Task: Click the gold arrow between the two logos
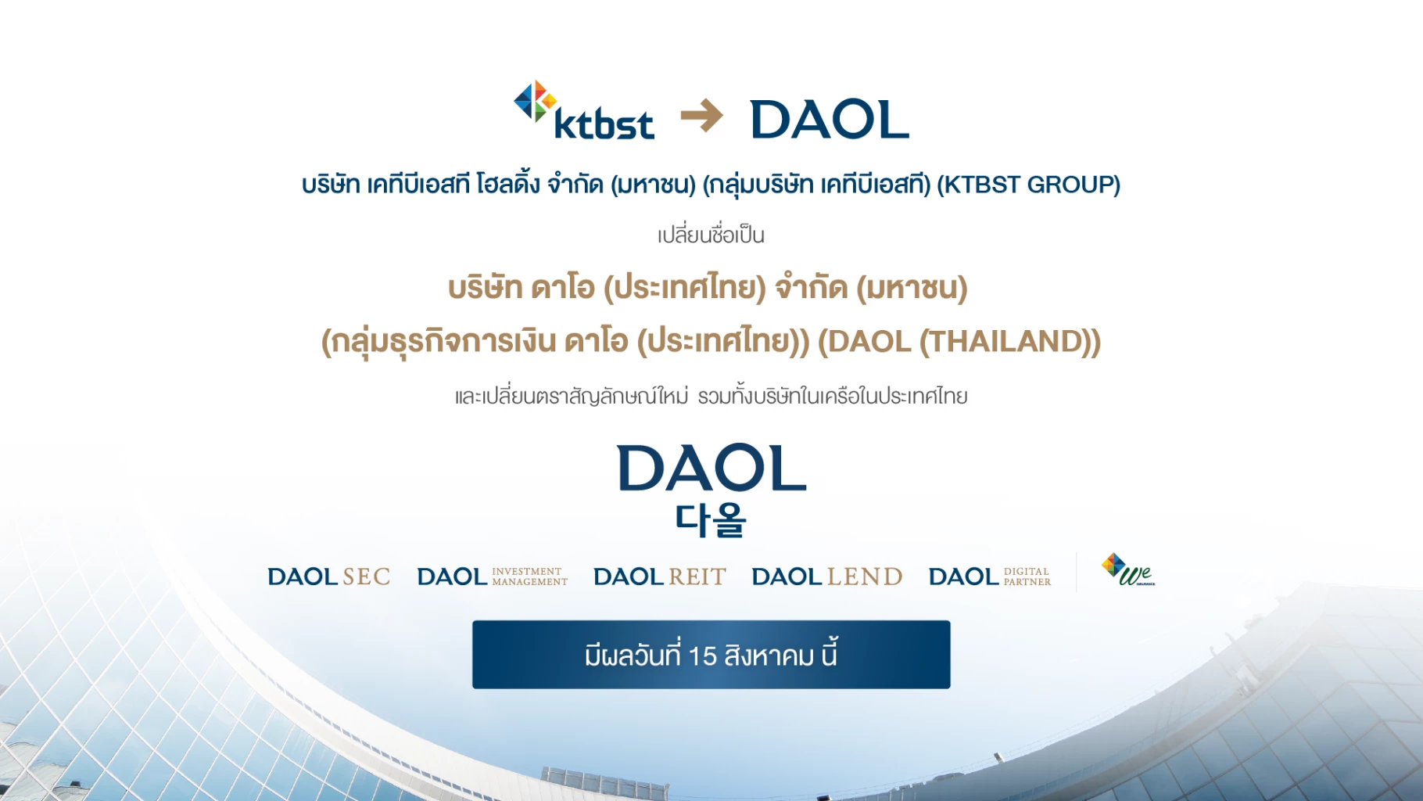(701, 117)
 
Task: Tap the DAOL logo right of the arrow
(830, 120)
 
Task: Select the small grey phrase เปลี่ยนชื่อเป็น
(711, 235)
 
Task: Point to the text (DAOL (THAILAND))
(959, 342)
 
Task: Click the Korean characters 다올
(711, 519)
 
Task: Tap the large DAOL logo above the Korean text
(711, 469)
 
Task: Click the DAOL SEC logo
(328, 577)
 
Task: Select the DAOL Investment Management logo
(492, 577)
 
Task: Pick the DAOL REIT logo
(660, 577)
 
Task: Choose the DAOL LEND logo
(826, 577)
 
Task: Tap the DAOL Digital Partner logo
(989, 577)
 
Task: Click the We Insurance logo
(1127, 570)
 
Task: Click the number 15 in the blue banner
(703, 656)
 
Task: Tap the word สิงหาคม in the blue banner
(769, 656)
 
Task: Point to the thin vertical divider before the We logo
(1077, 573)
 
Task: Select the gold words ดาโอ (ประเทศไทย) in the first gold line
(648, 288)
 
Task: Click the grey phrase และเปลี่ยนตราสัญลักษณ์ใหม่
(572, 397)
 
